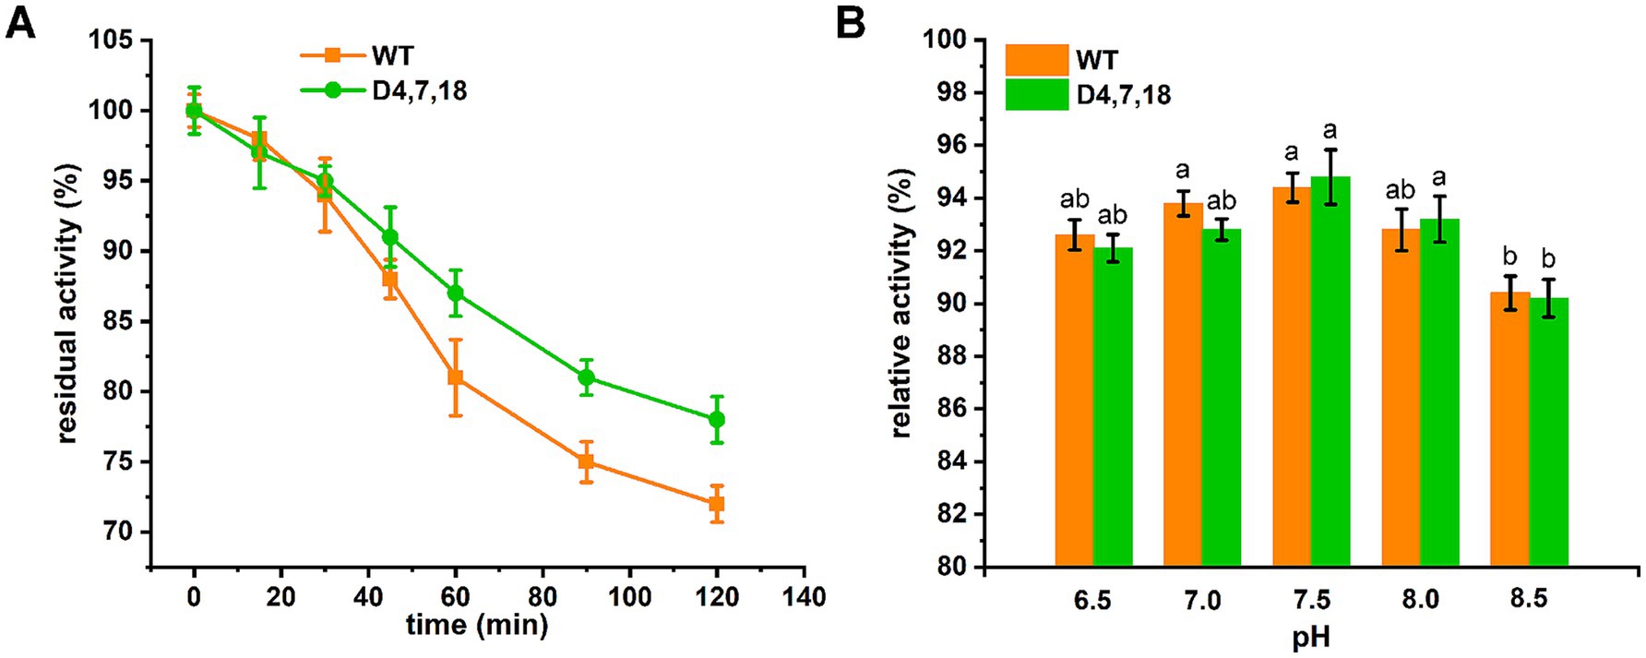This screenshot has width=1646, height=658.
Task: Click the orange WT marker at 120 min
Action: click(x=716, y=504)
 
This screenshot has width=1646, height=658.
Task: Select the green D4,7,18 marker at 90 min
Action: click(x=586, y=377)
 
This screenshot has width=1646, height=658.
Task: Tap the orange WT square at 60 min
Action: click(x=455, y=377)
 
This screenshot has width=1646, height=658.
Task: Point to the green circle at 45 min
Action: click(x=390, y=237)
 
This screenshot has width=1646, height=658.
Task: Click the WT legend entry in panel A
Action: click(x=392, y=55)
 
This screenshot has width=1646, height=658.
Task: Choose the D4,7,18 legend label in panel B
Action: click(x=1123, y=94)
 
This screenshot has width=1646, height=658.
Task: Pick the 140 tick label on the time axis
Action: click(x=804, y=597)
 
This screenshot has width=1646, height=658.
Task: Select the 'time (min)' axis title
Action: click(x=477, y=626)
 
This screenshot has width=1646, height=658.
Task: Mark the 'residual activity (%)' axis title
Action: click(x=67, y=304)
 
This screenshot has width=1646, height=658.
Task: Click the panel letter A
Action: click(x=20, y=22)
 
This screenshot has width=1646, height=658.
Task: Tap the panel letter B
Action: click(x=850, y=22)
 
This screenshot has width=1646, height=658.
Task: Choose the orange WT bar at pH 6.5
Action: click(x=1074, y=401)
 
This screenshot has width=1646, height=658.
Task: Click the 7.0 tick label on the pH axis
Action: click(x=1201, y=600)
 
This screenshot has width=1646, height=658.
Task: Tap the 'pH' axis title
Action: click(x=1311, y=638)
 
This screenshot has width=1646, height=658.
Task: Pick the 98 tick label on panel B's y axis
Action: click(x=949, y=93)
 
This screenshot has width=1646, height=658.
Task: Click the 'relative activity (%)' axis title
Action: click(x=901, y=303)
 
